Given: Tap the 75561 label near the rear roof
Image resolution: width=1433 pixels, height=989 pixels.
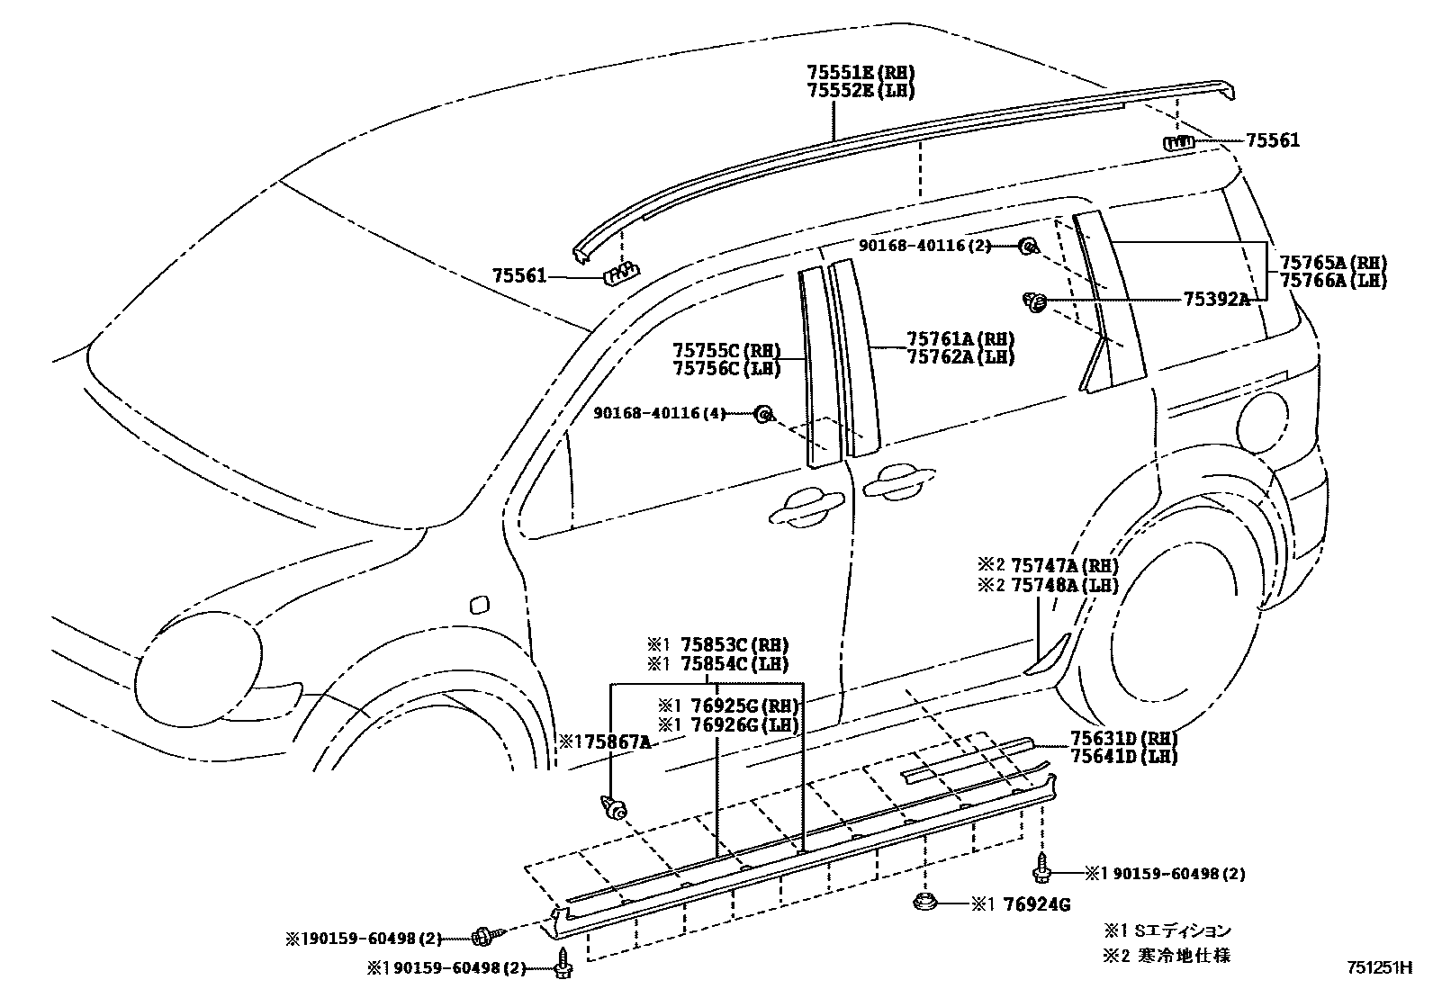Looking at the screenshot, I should (1272, 141).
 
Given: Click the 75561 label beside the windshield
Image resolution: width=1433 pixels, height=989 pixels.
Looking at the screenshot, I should (519, 275).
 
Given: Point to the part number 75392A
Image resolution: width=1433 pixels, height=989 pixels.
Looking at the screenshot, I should (1216, 300).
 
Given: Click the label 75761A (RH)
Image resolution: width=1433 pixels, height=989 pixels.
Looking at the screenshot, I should (960, 339).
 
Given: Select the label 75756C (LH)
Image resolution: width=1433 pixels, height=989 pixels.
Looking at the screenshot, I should (726, 368).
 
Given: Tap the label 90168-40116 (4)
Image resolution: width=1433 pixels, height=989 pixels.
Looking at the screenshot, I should (660, 413).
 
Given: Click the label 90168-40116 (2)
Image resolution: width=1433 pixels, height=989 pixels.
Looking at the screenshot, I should (924, 245).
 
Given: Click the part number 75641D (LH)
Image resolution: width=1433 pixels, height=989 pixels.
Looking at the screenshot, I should (1123, 757).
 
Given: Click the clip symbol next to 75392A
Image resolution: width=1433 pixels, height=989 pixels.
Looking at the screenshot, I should (1036, 302).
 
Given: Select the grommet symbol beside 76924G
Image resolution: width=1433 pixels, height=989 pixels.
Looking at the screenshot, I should (926, 902).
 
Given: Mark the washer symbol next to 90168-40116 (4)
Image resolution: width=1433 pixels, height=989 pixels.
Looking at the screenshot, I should (762, 413).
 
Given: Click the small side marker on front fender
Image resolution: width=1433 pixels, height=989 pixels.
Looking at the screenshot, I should (480, 604).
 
